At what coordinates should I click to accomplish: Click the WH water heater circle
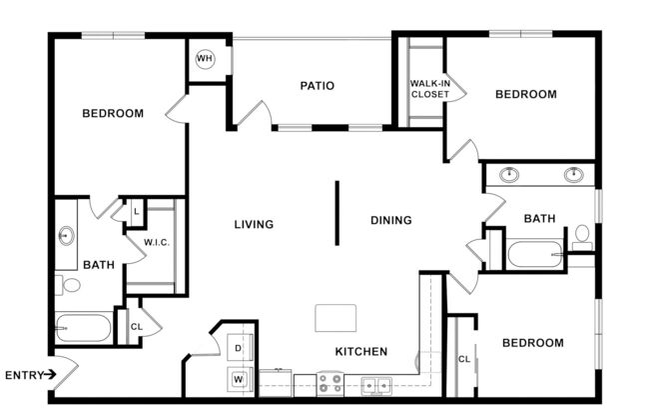[x=205, y=59]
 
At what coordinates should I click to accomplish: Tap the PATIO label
[x=317, y=86]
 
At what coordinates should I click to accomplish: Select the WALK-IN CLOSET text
[x=429, y=89]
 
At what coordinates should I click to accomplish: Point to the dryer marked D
[x=239, y=348]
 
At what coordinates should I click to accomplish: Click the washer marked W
[x=239, y=379]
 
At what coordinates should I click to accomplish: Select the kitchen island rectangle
[x=334, y=317]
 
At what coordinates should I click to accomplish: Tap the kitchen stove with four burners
[x=329, y=383]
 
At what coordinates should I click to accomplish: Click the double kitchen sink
[x=375, y=383]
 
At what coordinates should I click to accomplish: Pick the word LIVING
[x=254, y=224]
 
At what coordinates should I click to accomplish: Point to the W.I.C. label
[x=155, y=241]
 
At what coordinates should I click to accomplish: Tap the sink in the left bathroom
[x=66, y=237]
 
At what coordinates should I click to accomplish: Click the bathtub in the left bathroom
[x=84, y=328]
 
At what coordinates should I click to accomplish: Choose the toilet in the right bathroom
[x=582, y=236]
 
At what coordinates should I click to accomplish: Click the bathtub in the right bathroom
[x=535, y=253]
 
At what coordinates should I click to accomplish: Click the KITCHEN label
[x=361, y=352]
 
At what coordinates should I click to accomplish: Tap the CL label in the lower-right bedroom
[x=463, y=359]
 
